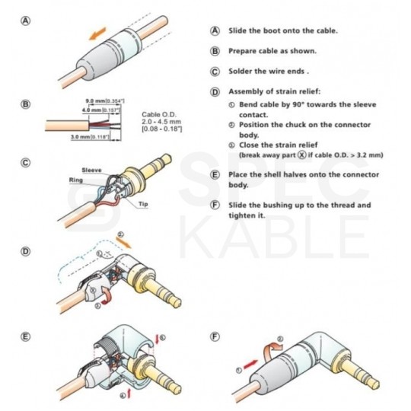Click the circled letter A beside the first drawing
pos(27,23)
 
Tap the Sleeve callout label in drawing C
pos(92,172)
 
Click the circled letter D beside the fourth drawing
pos(27,250)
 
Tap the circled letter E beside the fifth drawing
pos(27,336)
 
